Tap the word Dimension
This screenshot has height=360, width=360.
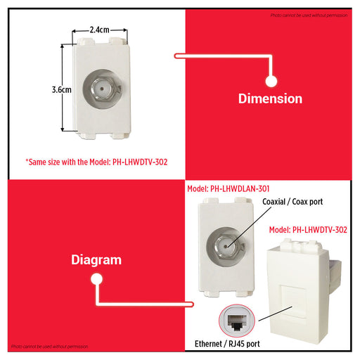(x=270, y=99)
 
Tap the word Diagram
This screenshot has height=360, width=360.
(x=96, y=259)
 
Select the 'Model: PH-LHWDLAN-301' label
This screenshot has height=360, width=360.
(x=229, y=189)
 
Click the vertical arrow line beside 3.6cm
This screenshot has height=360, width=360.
(x=65, y=90)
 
